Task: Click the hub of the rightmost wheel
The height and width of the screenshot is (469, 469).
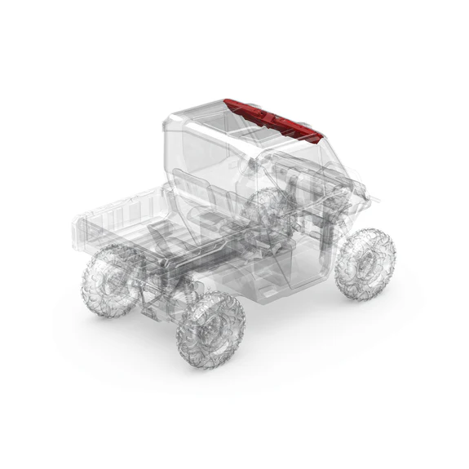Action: click(x=369, y=264)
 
